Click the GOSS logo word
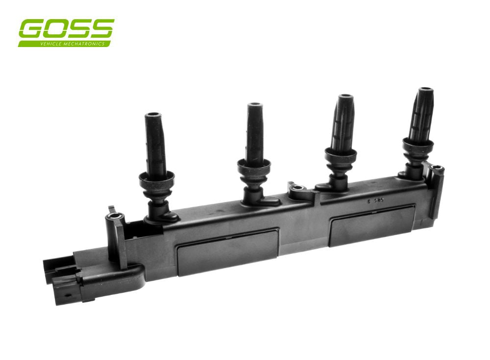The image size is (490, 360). click(x=66, y=29)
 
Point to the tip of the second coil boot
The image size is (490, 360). click(x=254, y=105)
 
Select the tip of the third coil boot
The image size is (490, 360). click(x=346, y=96)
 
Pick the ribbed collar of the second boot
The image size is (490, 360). click(x=255, y=167)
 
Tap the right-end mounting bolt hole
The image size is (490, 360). click(x=438, y=169)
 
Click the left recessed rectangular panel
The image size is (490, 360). click(x=228, y=251)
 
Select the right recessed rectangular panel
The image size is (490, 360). click(x=372, y=225)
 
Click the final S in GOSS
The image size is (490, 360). click(x=102, y=29)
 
